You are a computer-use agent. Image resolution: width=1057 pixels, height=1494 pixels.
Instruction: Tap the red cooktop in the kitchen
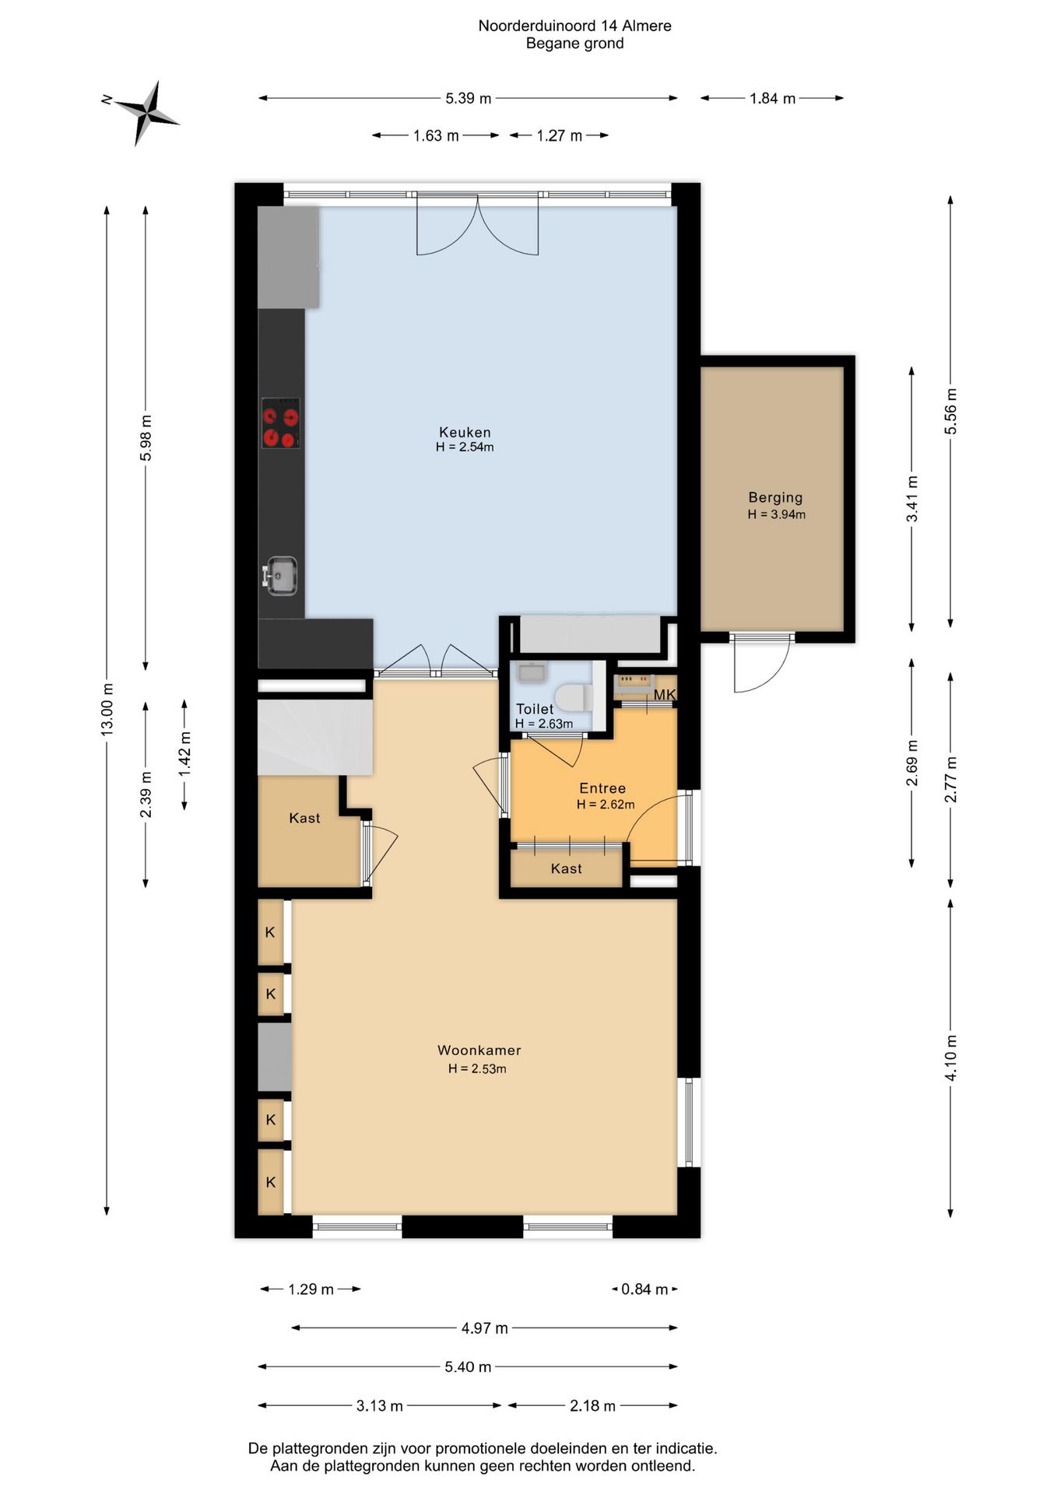coord(280,423)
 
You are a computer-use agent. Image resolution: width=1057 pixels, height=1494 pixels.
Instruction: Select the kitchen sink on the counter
coord(280,576)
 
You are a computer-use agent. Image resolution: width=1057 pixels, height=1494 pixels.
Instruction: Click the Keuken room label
coord(465,433)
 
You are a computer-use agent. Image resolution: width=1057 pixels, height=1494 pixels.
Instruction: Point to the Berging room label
coord(775,497)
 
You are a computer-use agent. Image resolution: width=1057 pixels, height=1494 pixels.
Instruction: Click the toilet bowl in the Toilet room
coord(574,697)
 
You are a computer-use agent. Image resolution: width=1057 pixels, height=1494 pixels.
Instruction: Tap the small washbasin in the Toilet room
coord(532,672)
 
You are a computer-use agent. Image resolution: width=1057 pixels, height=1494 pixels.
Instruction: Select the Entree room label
coord(602,788)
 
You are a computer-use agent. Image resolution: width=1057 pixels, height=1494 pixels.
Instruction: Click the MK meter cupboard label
coord(665,695)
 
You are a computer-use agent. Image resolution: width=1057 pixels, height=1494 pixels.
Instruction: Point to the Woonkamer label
coord(479,1050)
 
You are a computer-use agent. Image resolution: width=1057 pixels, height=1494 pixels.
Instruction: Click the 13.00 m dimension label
coord(108,709)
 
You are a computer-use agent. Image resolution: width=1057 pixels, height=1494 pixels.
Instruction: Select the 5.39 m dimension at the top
coord(469,98)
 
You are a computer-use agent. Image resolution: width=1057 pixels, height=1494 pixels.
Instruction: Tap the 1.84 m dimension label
coord(773,98)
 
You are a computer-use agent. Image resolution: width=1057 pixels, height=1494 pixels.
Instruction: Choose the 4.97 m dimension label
coord(484,1328)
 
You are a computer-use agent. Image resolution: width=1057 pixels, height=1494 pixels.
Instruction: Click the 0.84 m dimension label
coord(644,1289)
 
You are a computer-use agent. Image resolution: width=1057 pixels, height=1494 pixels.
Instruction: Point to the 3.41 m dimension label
coord(912,499)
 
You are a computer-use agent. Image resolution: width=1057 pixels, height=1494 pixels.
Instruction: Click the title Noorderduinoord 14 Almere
coord(575,26)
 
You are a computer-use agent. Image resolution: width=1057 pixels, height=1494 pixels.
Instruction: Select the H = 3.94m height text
coord(777,514)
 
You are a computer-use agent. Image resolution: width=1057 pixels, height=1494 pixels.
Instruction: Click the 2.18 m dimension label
coord(592,1406)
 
